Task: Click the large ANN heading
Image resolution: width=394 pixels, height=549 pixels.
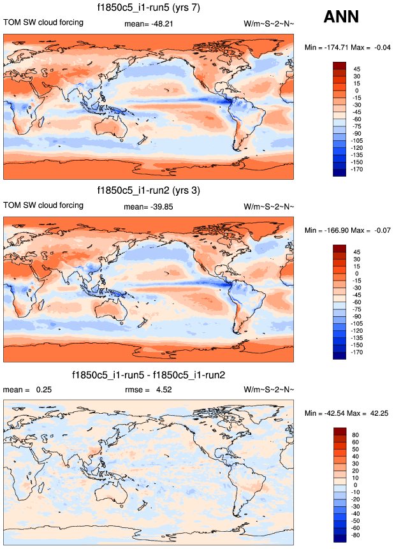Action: [x=341, y=17]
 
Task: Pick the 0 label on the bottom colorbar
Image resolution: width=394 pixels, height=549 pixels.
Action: [x=356, y=485]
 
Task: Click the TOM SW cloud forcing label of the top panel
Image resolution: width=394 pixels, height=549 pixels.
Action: [x=43, y=23]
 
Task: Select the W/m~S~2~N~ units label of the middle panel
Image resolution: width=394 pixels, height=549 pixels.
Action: [x=269, y=205]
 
